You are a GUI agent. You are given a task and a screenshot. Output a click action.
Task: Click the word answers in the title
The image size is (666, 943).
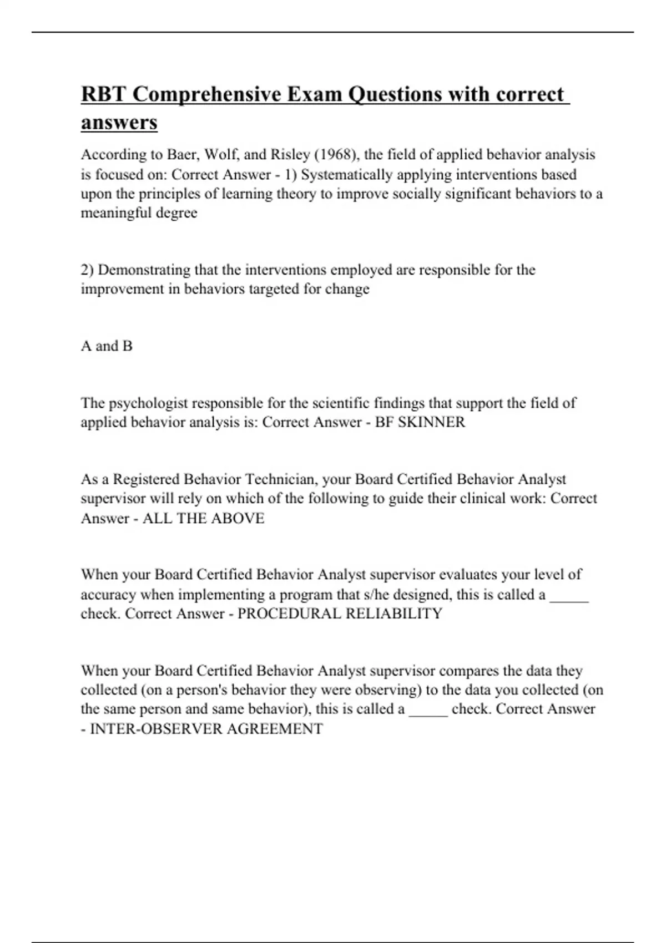click(119, 123)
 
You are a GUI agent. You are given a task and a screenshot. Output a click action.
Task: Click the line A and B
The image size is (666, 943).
click(107, 346)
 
